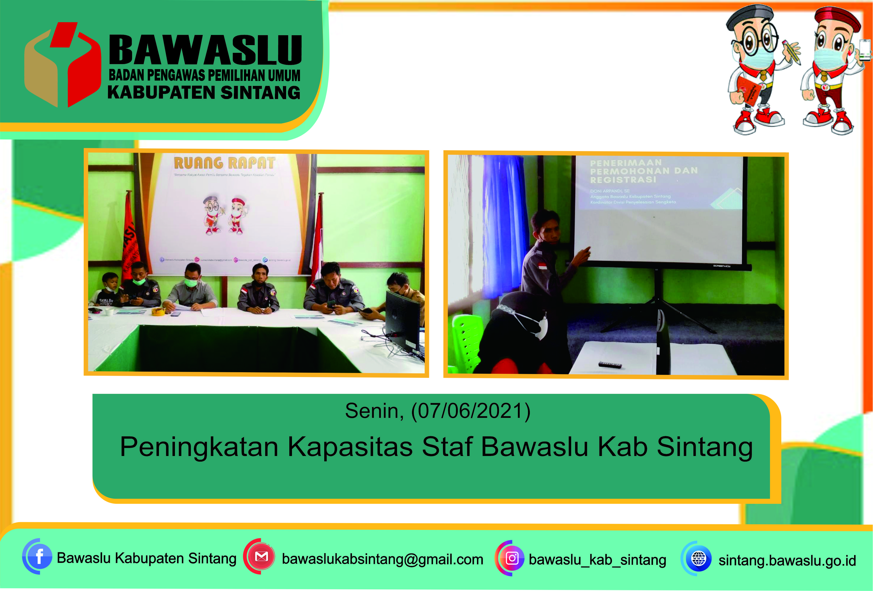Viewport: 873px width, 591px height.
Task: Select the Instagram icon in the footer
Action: point(512,558)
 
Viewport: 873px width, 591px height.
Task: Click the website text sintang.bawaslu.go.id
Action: point(787,560)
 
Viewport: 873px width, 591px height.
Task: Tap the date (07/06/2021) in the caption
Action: point(471,411)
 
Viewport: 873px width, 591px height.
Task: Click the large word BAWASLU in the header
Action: point(205,50)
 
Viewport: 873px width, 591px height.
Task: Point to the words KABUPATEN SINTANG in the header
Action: point(204,93)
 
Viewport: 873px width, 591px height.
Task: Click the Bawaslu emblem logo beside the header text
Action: point(62,65)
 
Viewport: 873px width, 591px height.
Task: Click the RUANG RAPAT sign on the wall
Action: point(225,163)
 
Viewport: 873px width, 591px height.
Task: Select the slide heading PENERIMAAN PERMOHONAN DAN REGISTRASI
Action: point(643,171)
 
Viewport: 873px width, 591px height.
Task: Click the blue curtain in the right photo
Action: point(502,225)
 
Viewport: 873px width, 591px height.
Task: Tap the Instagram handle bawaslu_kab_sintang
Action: point(597,560)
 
